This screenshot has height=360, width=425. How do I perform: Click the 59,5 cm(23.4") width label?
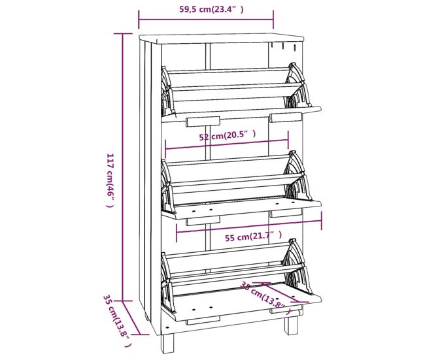click(x=211, y=9)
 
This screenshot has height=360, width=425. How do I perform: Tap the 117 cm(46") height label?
click(x=110, y=180)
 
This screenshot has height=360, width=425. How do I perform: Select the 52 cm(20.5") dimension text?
click(x=228, y=135)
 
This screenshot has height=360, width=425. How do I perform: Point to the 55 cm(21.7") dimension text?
click(x=254, y=237)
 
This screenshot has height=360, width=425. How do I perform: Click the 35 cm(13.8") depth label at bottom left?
click(x=117, y=321)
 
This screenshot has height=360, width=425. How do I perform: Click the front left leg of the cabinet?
click(x=167, y=343)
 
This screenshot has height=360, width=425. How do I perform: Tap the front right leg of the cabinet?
click(x=291, y=324)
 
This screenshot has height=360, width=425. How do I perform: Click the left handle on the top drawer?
click(x=203, y=122)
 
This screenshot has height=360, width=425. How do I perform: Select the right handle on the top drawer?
click(x=286, y=118)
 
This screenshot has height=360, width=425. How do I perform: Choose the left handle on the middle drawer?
click(x=203, y=221)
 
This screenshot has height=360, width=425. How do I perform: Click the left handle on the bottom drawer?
click(x=203, y=320)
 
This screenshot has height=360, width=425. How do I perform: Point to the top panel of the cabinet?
click(x=222, y=38)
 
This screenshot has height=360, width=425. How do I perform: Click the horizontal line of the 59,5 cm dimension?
click(x=206, y=20)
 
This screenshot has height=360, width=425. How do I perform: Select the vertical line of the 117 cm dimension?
click(x=122, y=167)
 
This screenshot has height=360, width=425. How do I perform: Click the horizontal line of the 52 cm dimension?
click(x=227, y=144)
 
